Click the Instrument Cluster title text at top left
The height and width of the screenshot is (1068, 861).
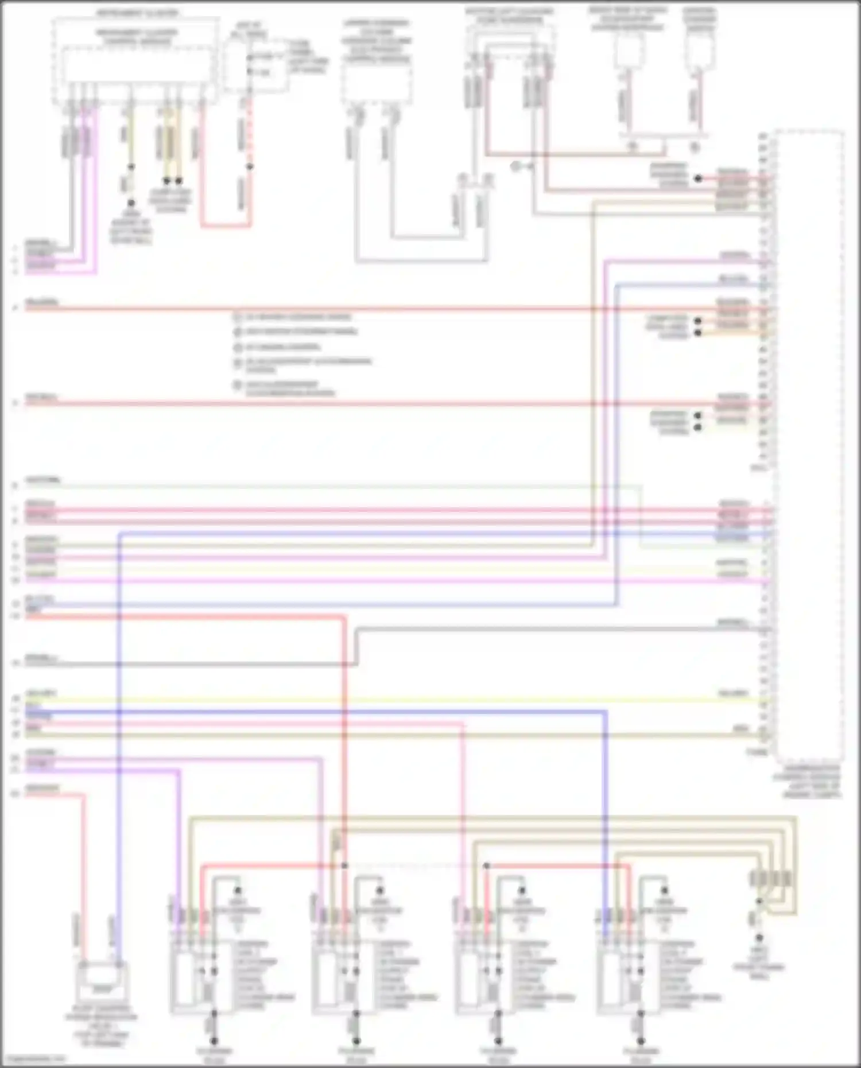(x=136, y=13)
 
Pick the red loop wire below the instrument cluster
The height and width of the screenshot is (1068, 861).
(x=225, y=226)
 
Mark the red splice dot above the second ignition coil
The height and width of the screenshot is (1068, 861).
(x=344, y=865)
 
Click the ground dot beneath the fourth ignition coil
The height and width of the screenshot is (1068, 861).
(x=641, y=1040)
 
